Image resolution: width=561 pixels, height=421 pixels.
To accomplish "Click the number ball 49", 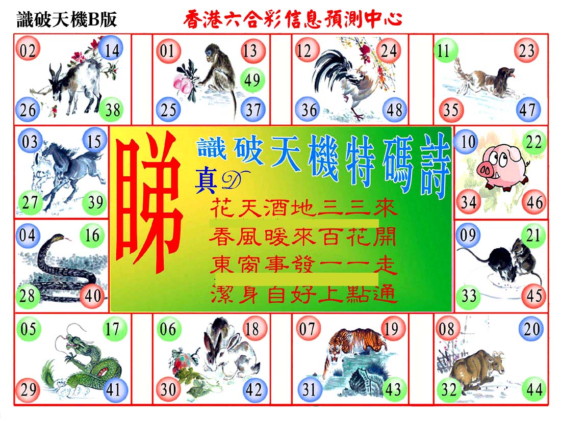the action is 252,80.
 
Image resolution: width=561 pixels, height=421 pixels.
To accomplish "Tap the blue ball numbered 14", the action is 111,49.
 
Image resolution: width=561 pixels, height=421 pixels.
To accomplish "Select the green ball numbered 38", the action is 111,110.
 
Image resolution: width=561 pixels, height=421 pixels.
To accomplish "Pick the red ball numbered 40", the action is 93,296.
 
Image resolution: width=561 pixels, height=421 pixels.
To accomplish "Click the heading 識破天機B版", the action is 67,19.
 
